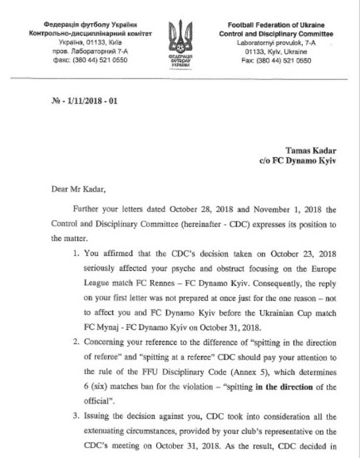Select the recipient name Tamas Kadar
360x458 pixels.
[x=311, y=151]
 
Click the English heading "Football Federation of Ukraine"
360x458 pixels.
[x=276, y=25]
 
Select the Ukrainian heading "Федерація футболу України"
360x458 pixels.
[x=90, y=25]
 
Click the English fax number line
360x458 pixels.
[x=276, y=60]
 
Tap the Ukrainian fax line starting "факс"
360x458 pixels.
[x=90, y=60]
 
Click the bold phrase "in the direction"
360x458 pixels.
[x=284, y=387]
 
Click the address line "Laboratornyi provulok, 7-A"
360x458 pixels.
[x=276, y=43]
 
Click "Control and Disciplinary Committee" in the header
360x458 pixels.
[x=276, y=34]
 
